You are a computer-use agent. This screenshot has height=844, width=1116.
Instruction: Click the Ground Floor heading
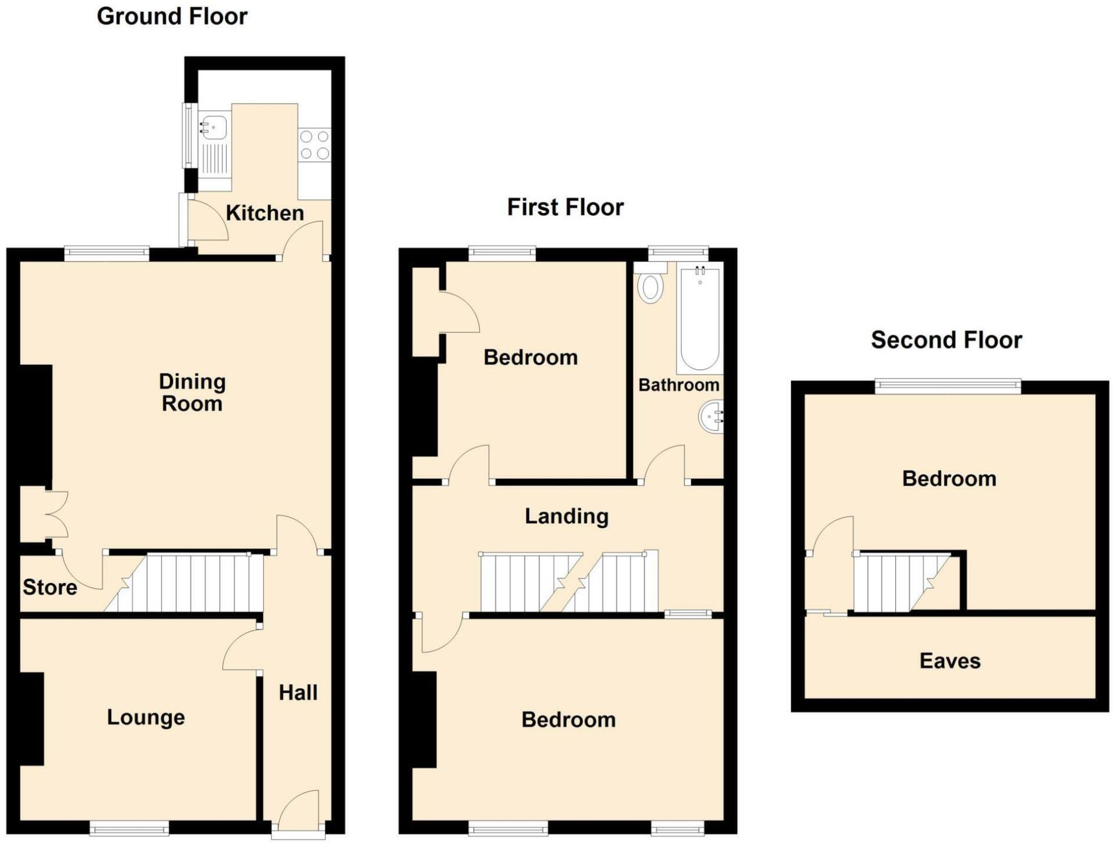tap(172, 16)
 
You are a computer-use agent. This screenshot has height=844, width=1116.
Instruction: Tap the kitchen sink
tap(214, 127)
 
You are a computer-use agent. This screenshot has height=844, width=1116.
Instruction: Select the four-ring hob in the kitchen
tap(314, 145)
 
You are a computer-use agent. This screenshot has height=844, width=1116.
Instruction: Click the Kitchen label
tap(264, 213)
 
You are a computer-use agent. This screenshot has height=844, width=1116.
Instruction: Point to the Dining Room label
tap(192, 392)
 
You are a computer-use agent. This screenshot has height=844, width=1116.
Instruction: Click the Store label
tap(50, 587)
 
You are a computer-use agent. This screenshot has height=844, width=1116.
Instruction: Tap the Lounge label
tap(145, 717)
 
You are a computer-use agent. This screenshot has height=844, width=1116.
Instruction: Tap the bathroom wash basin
tap(712, 416)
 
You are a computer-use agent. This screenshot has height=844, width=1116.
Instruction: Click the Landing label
tap(566, 516)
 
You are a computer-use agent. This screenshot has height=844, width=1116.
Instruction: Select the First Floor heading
tap(565, 207)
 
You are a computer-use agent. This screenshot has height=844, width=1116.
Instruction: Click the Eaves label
tap(949, 660)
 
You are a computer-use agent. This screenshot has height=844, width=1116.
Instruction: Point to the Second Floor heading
tap(946, 340)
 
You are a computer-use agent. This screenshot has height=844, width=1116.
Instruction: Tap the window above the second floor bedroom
tap(947, 386)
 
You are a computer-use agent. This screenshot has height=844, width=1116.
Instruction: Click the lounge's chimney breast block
tap(32, 719)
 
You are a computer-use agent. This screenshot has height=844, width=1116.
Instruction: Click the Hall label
tap(298, 692)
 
